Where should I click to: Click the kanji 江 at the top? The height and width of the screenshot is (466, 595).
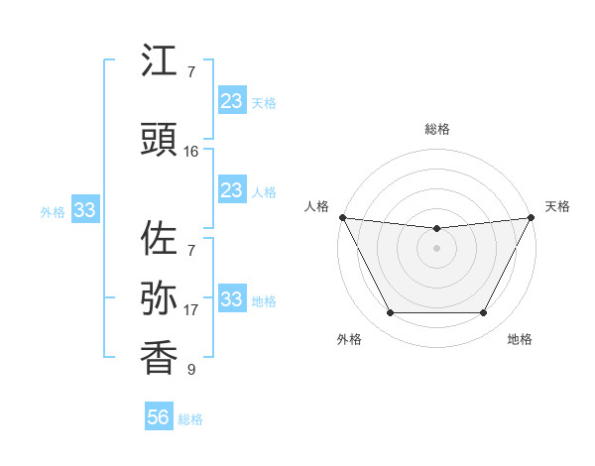click(x=160, y=61)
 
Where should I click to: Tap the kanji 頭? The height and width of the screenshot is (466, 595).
click(x=160, y=140)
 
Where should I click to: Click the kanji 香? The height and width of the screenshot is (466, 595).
click(x=160, y=356)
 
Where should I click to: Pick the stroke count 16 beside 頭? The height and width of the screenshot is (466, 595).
click(x=191, y=152)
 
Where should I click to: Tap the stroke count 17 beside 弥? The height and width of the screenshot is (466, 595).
click(x=191, y=309)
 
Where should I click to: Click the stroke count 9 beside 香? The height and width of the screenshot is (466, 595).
click(x=191, y=370)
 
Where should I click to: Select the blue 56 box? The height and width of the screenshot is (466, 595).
click(x=159, y=417)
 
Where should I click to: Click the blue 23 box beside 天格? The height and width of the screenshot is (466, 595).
click(x=232, y=101)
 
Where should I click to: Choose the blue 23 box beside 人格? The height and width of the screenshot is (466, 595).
click(x=232, y=190)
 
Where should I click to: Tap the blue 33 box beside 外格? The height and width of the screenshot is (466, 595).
click(x=84, y=210)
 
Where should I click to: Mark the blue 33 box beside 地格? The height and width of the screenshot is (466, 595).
click(x=232, y=299)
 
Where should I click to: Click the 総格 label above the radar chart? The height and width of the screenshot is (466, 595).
click(x=436, y=129)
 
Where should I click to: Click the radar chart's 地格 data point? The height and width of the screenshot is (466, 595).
click(x=484, y=313)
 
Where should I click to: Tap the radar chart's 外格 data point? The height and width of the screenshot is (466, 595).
click(x=390, y=313)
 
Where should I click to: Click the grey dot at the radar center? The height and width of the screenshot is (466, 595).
click(x=436, y=248)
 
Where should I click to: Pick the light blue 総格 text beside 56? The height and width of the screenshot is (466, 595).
click(x=190, y=419)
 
